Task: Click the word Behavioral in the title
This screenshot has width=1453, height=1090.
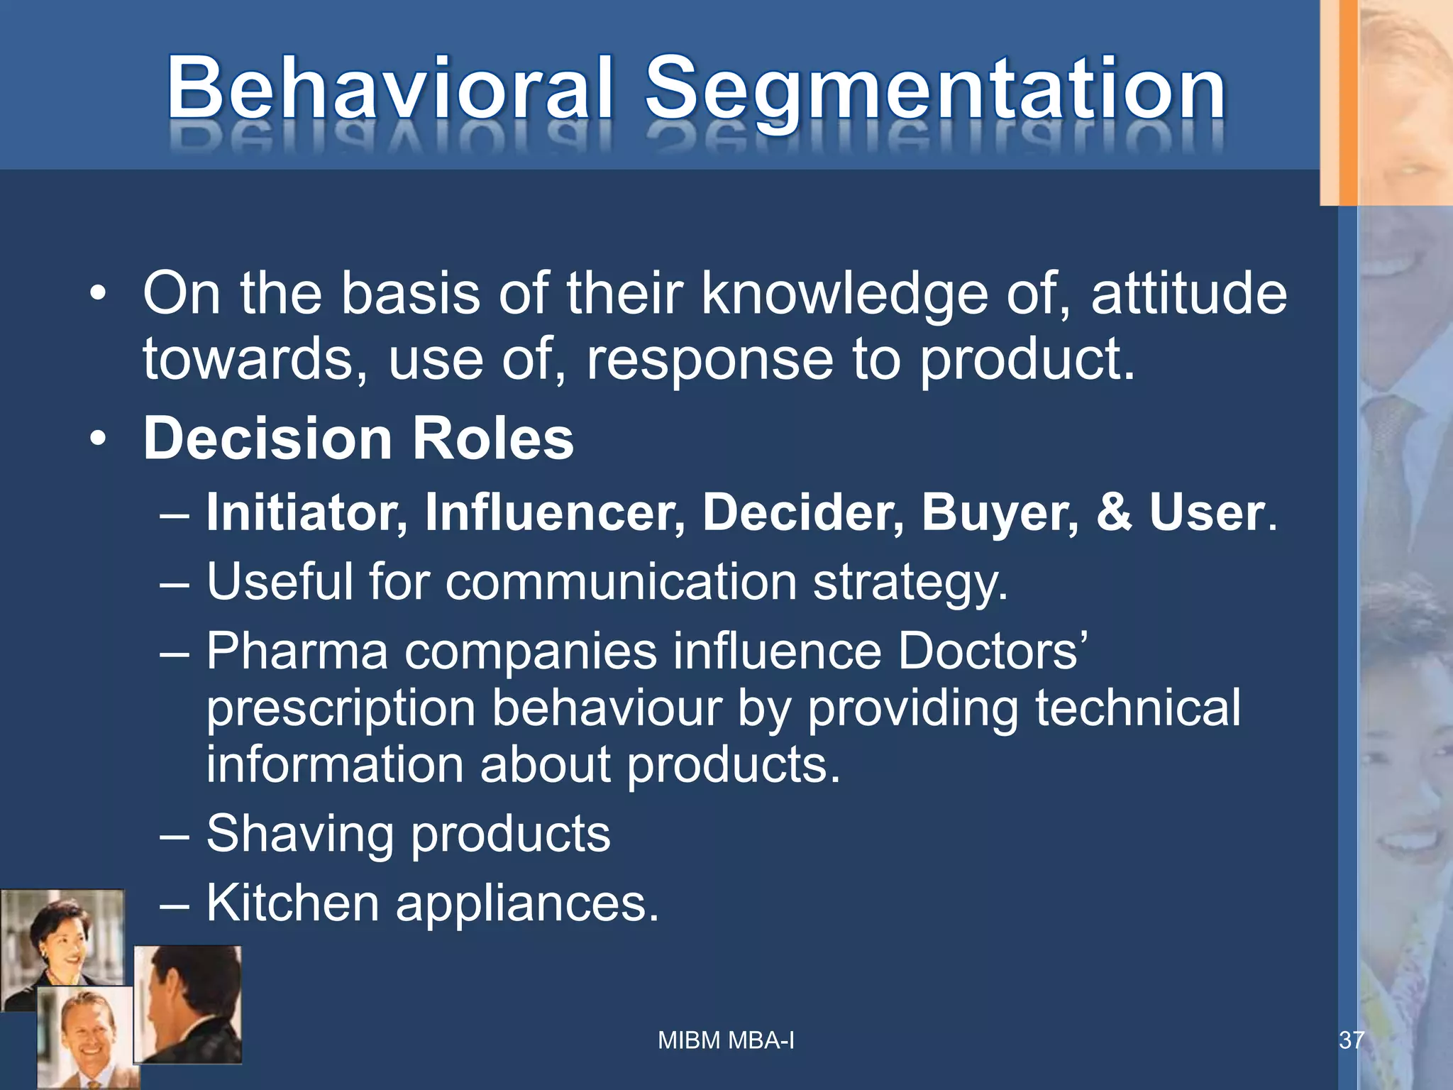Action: [x=389, y=89]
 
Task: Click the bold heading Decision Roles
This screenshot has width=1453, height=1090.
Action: [x=358, y=439]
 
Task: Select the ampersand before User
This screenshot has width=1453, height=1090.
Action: [x=1114, y=512]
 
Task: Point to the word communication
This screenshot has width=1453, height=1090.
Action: [x=621, y=583]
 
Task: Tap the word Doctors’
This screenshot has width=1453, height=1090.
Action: [x=992, y=651]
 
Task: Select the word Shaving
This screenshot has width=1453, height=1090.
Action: [x=299, y=835]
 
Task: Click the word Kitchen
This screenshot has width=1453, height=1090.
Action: [x=292, y=904]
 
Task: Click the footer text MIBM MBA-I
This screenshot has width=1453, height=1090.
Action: [x=726, y=1040]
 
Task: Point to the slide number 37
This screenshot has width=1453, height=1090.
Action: [x=1351, y=1040]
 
